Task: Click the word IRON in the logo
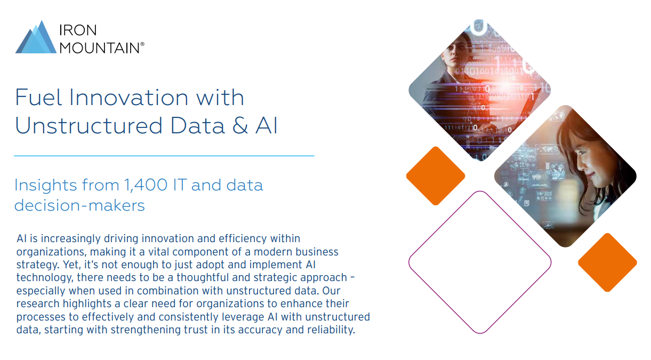[x=78, y=30]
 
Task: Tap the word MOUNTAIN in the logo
[x=100, y=48]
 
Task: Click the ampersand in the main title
[x=240, y=126]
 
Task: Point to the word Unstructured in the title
[x=89, y=126]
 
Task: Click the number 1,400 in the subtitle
[x=146, y=185]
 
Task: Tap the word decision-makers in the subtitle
[x=79, y=205]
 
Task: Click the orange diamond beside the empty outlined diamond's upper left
[x=436, y=176]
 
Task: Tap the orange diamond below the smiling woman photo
[x=607, y=262]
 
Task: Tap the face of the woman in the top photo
[x=453, y=51]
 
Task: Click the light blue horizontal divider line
[x=164, y=156]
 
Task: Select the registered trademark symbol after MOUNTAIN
[x=142, y=44]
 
